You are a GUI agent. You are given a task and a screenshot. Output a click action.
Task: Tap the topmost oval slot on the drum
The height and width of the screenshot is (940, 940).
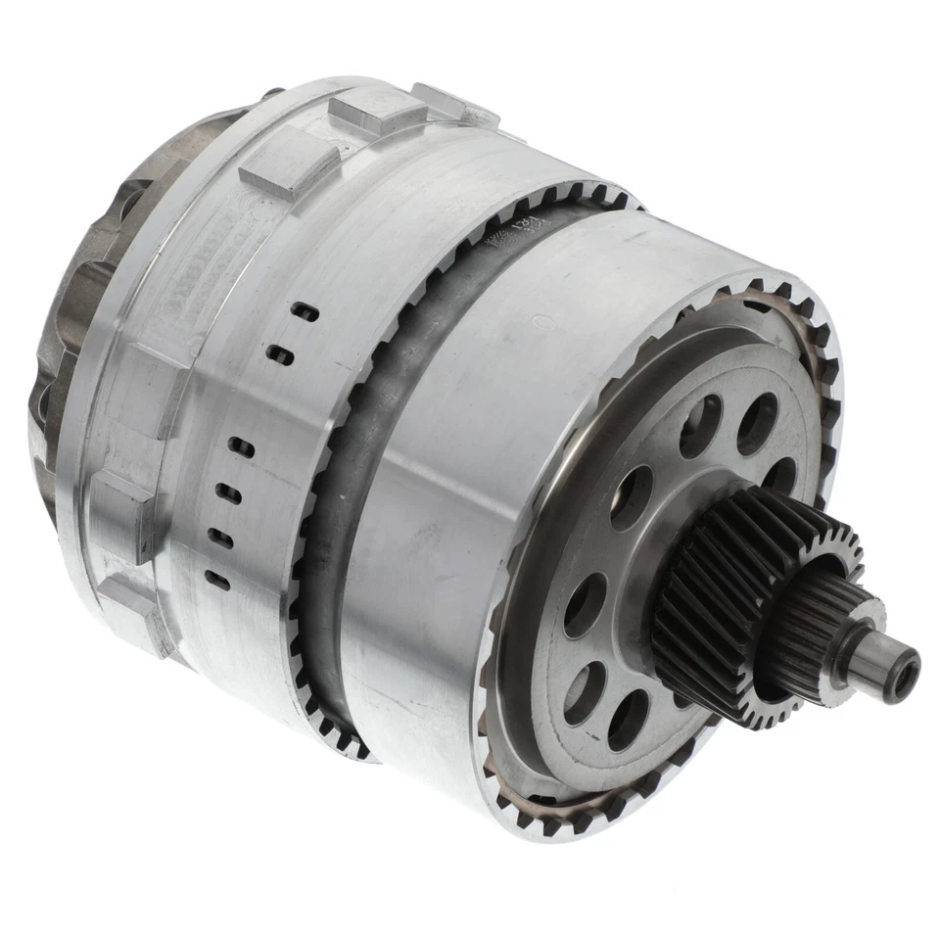click(x=306, y=312)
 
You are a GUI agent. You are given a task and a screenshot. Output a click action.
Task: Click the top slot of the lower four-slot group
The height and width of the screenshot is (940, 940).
click(x=240, y=448)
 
